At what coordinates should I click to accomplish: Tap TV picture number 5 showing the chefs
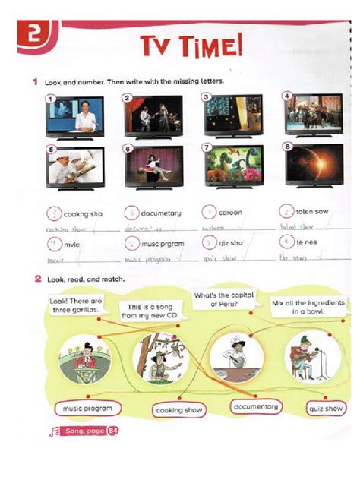74,168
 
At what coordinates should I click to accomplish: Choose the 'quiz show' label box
325,408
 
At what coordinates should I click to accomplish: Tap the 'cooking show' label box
179,410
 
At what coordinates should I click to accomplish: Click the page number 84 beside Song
113,431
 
